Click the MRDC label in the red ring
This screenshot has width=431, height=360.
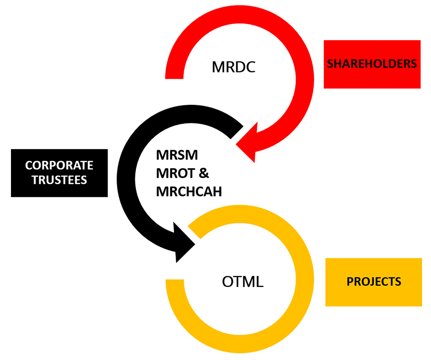(233, 67)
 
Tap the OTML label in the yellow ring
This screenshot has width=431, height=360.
(242, 282)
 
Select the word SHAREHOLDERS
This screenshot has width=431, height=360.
(372, 64)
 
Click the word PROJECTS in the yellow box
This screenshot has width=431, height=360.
(374, 281)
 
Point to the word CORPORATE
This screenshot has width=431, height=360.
(59, 166)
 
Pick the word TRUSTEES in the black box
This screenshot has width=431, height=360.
(59, 180)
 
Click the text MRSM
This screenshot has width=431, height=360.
(177, 155)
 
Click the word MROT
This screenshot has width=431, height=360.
(176, 173)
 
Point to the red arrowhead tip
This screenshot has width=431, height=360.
(238, 145)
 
